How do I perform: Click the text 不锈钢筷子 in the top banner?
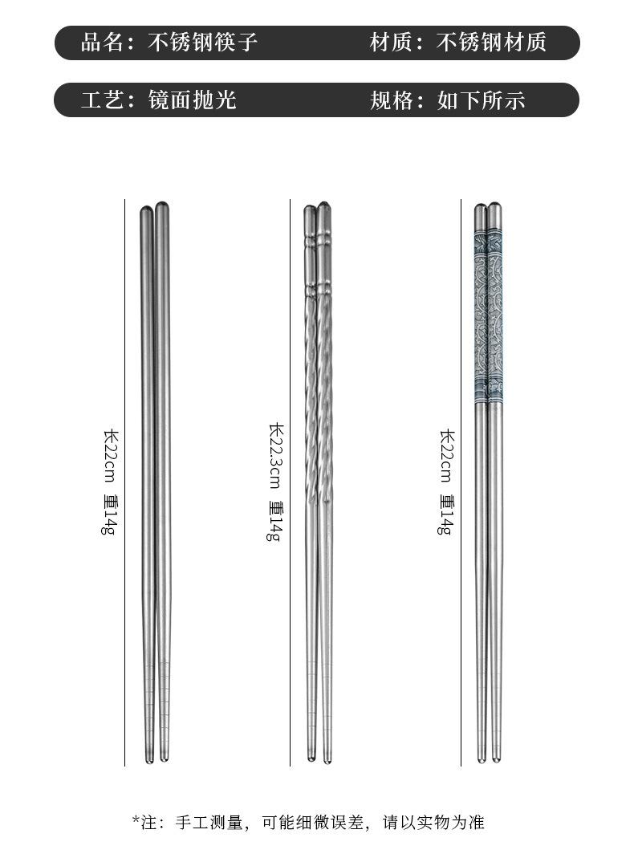coord(202,43)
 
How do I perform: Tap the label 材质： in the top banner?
coord(396,43)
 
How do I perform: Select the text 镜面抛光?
coord(192,100)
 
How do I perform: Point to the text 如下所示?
coord(481,100)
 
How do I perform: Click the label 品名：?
coord(108,43)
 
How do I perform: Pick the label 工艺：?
coord(108,100)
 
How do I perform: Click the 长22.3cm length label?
coord(276,457)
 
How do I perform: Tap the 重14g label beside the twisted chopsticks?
coord(275,521)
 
